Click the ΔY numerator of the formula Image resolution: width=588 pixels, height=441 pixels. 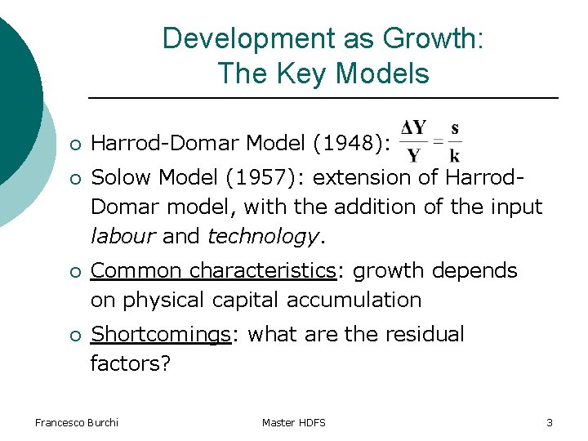[414, 128]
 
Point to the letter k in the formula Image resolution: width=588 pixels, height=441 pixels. [455, 155]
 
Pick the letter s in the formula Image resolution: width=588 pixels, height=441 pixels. [455, 128]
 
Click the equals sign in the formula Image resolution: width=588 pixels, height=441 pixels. [438, 142]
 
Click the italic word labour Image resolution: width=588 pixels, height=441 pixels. [123, 237]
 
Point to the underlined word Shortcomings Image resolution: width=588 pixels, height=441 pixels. [161, 334]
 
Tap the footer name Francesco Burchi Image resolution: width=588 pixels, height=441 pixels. [77, 422]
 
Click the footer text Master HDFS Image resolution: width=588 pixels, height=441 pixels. [294, 422]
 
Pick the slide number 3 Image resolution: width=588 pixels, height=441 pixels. [549, 422]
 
